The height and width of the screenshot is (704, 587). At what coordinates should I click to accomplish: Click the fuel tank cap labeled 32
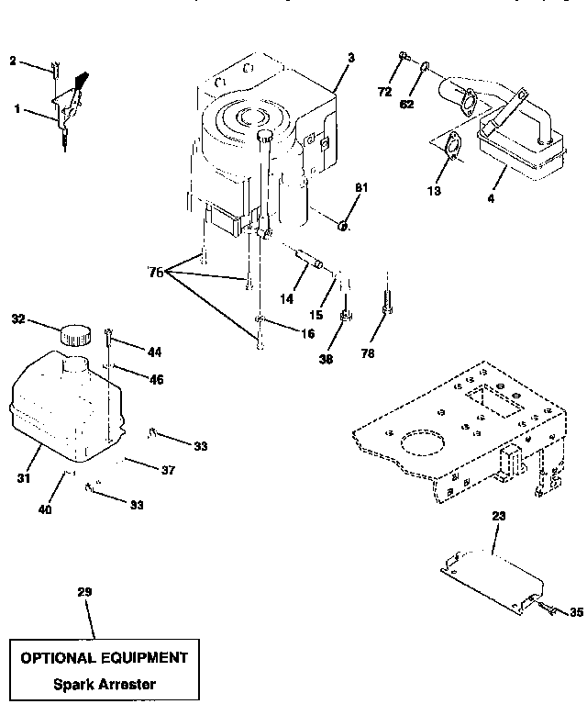tap(75, 335)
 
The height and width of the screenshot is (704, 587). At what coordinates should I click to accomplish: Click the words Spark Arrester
tap(104, 684)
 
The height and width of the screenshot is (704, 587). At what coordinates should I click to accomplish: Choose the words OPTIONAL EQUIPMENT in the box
tap(104, 658)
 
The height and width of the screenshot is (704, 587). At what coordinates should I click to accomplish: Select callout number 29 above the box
tap(84, 592)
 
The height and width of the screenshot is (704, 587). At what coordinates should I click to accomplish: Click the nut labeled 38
tap(347, 318)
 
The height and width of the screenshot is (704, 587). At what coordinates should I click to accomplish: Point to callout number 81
tap(361, 188)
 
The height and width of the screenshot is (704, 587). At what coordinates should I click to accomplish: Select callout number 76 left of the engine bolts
tap(156, 272)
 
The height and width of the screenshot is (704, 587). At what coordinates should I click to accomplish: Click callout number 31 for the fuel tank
tap(23, 478)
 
